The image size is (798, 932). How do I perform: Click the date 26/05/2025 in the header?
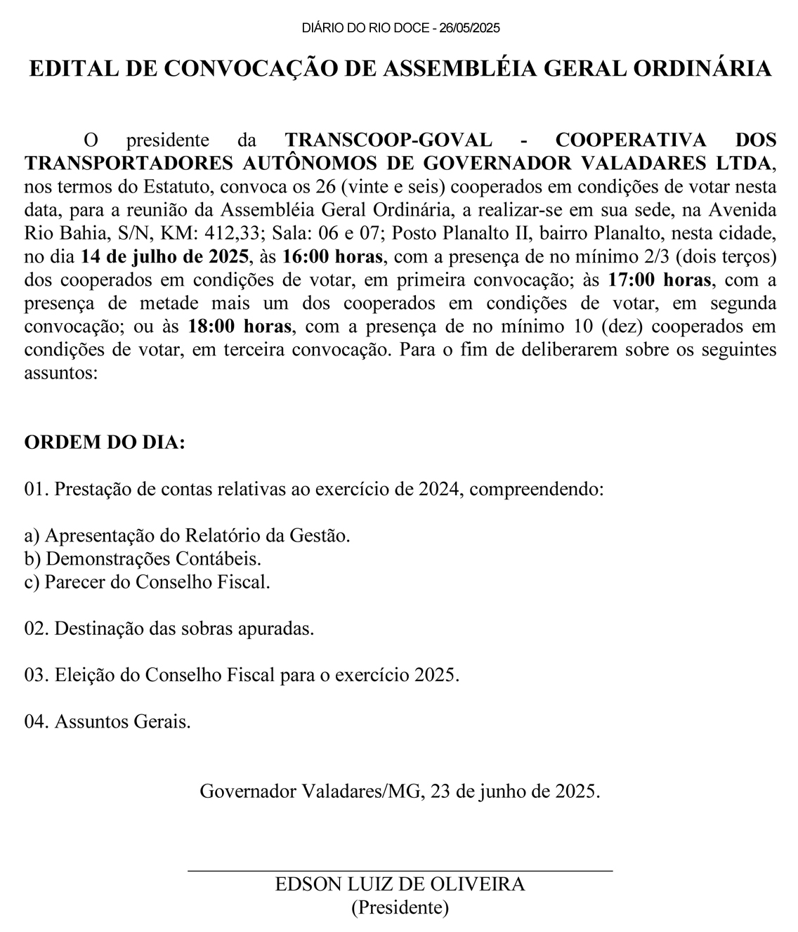(x=469, y=28)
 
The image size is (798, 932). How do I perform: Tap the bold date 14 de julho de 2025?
(x=165, y=256)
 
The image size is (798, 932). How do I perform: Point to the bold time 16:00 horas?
(x=333, y=256)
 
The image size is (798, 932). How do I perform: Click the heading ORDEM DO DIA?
(x=105, y=442)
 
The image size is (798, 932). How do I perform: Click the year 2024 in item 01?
(x=438, y=489)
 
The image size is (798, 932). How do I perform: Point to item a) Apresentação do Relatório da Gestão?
(x=187, y=535)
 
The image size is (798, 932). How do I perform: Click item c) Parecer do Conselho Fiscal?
(x=147, y=582)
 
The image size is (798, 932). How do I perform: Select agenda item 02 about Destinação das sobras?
(x=169, y=628)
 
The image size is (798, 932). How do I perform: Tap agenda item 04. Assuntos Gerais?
(x=107, y=721)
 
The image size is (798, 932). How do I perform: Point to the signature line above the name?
(x=400, y=871)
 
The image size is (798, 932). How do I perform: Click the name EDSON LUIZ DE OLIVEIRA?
(x=400, y=884)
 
